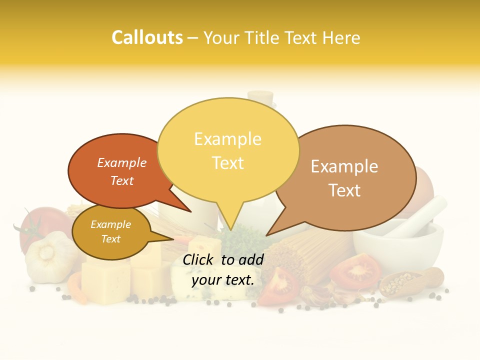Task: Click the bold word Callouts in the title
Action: coord(147,37)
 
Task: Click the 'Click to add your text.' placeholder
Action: coord(223,269)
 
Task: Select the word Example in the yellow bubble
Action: coord(228,138)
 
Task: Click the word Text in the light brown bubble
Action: coord(344,190)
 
